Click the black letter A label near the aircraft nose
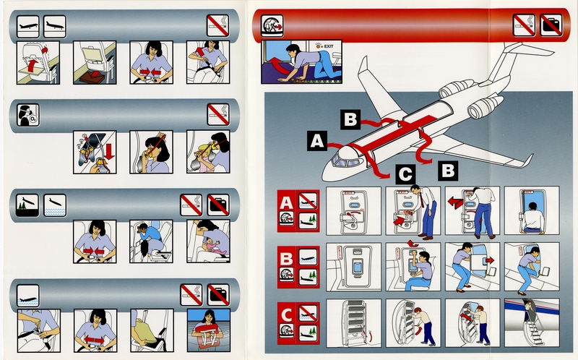coord(316,140)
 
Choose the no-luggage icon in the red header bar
coord(551,25)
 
